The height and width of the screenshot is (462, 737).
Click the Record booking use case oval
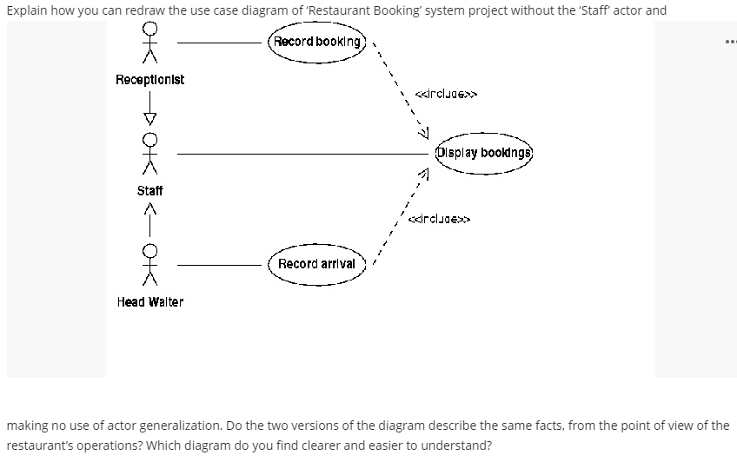pyautogui.click(x=317, y=42)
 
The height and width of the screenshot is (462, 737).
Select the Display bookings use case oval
pyautogui.click(x=483, y=154)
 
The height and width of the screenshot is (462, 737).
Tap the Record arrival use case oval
pyautogui.click(x=317, y=263)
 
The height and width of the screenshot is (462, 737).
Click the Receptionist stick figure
pyautogui.click(x=150, y=43)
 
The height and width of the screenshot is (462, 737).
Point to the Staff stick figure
pyautogui.click(x=150, y=154)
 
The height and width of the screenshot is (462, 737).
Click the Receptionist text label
pyautogui.click(x=149, y=80)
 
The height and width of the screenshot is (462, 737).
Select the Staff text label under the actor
pyautogui.click(x=150, y=190)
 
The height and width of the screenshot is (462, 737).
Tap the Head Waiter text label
pyautogui.click(x=150, y=301)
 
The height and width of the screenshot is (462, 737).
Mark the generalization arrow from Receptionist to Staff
pyautogui.click(x=150, y=108)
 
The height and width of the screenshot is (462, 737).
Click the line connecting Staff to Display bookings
pyautogui.click(x=304, y=154)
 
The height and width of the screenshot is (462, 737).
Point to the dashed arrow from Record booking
pyautogui.click(x=400, y=87)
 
